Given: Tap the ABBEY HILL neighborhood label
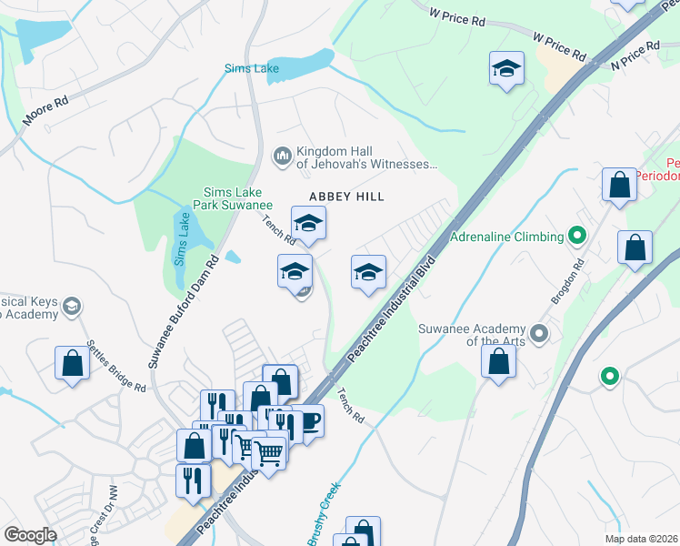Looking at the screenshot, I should click(x=346, y=197).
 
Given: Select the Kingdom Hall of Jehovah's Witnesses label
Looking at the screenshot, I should click(x=366, y=158).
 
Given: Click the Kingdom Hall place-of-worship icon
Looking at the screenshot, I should click(x=282, y=157).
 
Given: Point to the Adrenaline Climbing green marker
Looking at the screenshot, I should click(x=576, y=237).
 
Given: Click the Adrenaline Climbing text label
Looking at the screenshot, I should click(x=507, y=238).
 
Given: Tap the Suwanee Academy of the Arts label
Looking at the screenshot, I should click(x=472, y=335).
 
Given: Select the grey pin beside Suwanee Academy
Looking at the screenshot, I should click(x=540, y=333).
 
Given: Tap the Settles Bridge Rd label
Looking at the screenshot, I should click(x=116, y=366).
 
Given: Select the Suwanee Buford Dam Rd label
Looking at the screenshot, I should click(x=185, y=312).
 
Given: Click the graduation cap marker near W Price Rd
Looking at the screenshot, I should click(x=506, y=68).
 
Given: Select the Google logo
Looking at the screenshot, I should click(x=30, y=535).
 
